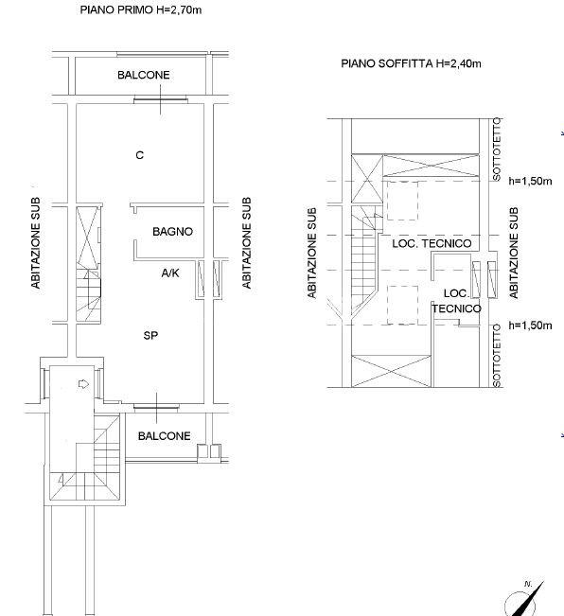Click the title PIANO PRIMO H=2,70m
coord(141,9)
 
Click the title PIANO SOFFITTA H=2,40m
coord(411,63)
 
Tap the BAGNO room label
coord(172,232)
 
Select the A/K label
coord(170,273)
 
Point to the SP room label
coord(150,336)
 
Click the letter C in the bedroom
coord(139,155)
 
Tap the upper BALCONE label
coord(143,75)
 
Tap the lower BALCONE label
coord(164,436)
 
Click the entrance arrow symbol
coord(83,384)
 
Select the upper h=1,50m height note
coord(530,181)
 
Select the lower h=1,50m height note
coord(530,326)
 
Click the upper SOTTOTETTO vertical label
coord(497,150)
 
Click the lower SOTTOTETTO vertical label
coord(497,356)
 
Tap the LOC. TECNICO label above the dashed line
coord(432,243)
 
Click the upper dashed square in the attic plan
coord(402,201)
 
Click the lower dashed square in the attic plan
coord(402,306)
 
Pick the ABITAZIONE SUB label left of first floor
coord(36,243)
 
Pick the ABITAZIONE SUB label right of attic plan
coord(514,253)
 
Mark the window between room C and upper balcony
coord(160,100)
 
